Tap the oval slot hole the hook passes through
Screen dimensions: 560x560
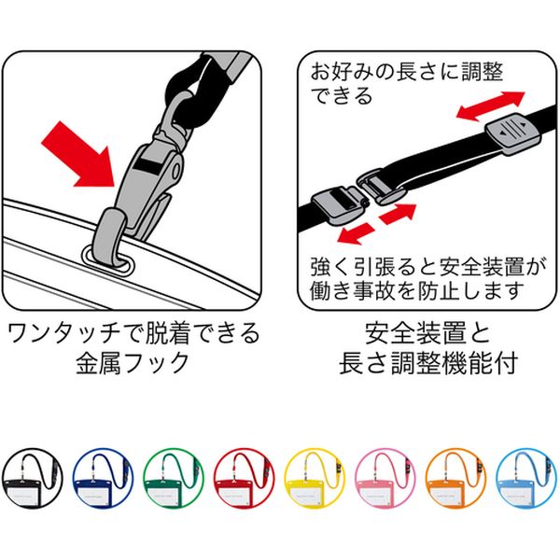(x=108, y=259)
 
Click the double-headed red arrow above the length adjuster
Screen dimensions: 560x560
(x=491, y=105)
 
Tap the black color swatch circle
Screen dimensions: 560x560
(x=32, y=479)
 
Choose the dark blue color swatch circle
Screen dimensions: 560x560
(x=103, y=479)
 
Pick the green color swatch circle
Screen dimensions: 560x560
(x=174, y=479)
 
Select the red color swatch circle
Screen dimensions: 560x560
(x=244, y=479)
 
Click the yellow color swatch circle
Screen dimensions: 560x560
(x=315, y=479)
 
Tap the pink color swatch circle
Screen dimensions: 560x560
(x=385, y=479)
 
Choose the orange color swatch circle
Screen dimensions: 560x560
(x=456, y=479)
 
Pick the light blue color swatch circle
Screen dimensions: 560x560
(x=526, y=479)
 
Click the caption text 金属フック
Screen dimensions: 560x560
(x=133, y=362)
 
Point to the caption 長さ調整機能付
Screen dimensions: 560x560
(x=428, y=362)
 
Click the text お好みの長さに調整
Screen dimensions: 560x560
(x=406, y=72)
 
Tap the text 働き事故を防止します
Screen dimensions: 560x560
(x=416, y=291)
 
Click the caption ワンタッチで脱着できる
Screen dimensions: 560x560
(x=133, y=333)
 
